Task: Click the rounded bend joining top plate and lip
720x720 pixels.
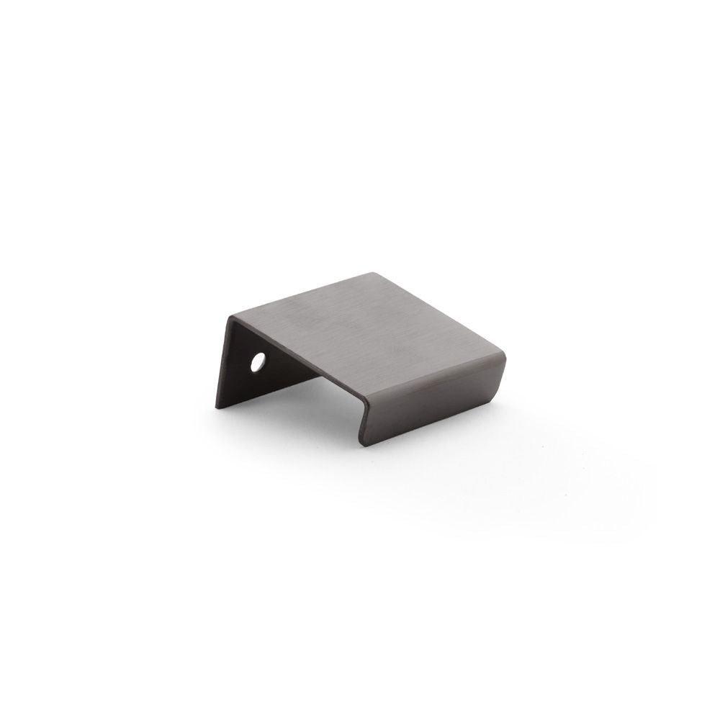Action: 432,374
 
